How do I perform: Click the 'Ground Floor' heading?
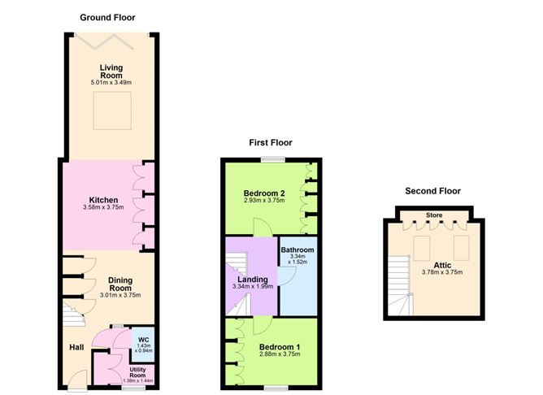point(108,17)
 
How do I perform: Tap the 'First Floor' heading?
point(271,142)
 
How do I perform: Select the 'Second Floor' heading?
point(432,191)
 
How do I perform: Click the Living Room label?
point(111,72)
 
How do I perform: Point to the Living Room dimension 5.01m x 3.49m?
point(111,83)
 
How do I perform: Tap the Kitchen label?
point(104,200)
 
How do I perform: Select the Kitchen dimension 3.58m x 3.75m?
point(104,208)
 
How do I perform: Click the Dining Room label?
point(121,284)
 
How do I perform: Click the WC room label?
point(143,339)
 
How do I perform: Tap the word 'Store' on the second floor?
point(433,216)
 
